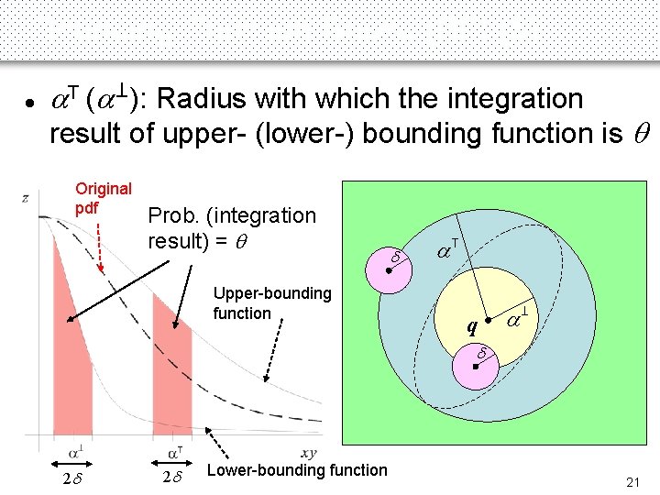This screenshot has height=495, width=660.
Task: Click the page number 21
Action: (x=632, y=482)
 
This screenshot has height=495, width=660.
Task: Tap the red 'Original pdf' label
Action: (x=103, y=198)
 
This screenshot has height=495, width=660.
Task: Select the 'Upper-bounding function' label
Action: (x=271, y=303)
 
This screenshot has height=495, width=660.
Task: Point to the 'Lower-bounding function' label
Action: (x=298, y=470)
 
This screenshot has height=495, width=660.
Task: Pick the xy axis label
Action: (x=308, y=453)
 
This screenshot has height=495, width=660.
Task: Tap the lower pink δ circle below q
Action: (x=477, y=366)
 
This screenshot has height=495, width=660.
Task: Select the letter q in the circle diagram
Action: (x=471, y=326)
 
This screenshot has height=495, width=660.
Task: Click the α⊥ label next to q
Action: (x=518, y=320)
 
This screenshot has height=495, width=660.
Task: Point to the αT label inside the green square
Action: (x=446, y=248)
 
